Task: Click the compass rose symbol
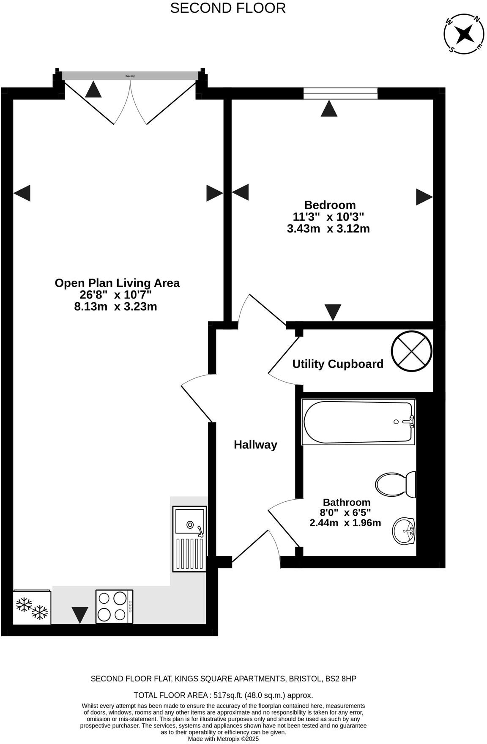[x=464, y=33]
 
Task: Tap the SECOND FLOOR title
[x=227, y=8]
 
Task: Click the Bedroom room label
[x=330, y=205]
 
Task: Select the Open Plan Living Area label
[x=117, y=283]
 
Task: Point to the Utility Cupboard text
[x=338, y=364]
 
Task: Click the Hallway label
[x=255, y=445]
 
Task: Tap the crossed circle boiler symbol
[x=411, y=352]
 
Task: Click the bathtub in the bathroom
[x=358, y=422]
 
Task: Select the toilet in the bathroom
[x=395, y=484]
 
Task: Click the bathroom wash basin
[x=404, y=531]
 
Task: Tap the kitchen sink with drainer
[x=189, y=539]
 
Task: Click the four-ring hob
[x=114, y=606]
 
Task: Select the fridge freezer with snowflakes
[x=32, y=607]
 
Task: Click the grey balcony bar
[x=130, y=76]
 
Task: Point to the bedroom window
[x=340, y=93]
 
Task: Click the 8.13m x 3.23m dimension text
[x=115, y=306]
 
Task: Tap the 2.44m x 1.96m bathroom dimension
[x=345, y=523]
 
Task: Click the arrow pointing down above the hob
[x=80, y=614]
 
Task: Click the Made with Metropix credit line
[x=223, y=739]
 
